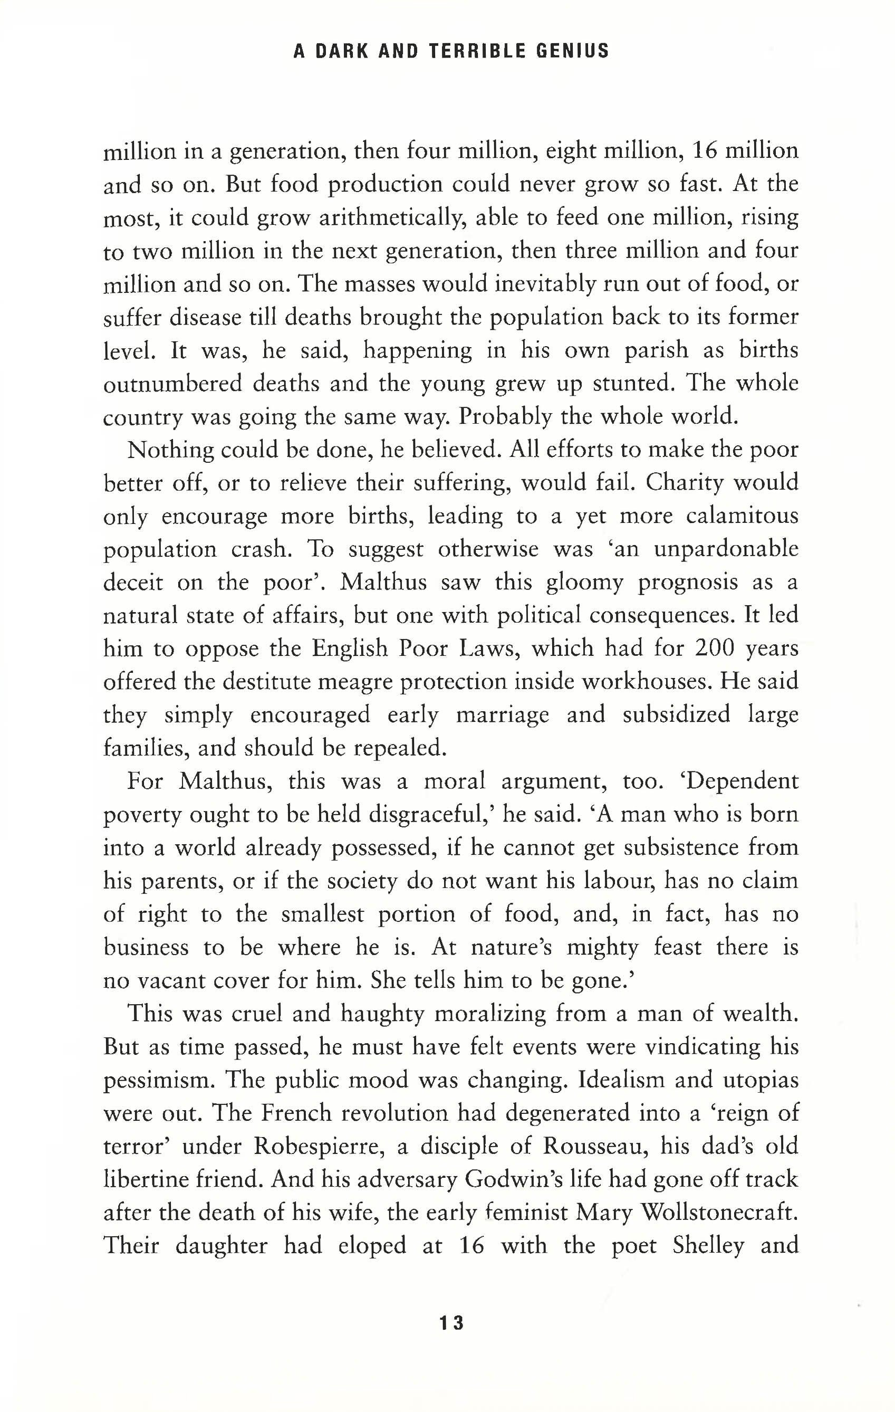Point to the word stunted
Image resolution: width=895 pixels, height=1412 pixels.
pos(632,384)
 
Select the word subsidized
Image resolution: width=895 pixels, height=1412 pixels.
pos(676,715)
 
